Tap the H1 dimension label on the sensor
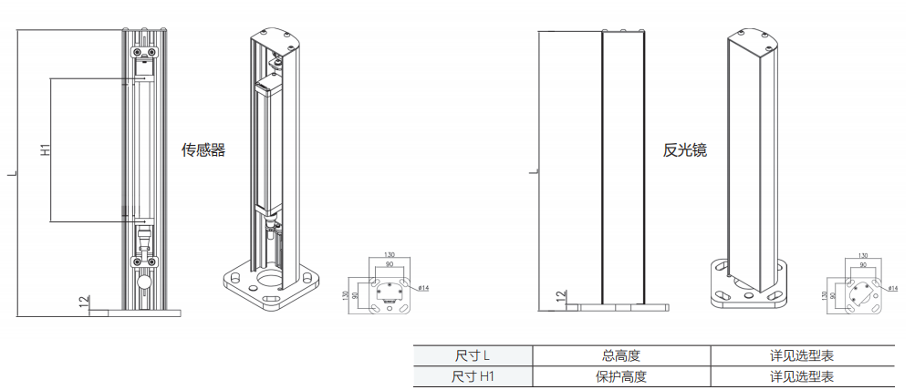point(44,149)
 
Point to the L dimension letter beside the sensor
point(11,172)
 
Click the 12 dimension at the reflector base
point(560,297)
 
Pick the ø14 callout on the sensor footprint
point(423,288)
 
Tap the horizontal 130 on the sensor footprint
point(390,254)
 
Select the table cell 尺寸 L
point(473,355)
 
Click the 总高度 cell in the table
point(620,355)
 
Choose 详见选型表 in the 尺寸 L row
point(801,355)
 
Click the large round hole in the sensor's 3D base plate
point(271,277)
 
